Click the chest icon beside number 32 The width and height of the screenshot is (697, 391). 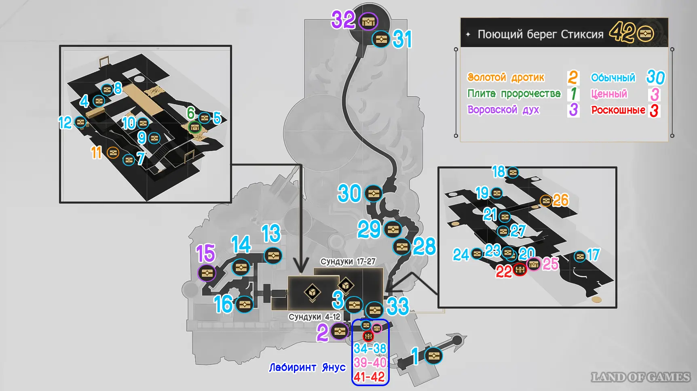tap(368, 22)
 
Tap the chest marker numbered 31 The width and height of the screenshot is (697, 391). tap(381, 39)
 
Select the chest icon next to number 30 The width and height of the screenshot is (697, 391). tap(373, 193)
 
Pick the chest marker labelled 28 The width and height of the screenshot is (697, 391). tap(402, 246)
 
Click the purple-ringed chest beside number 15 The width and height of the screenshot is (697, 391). tap(207, 273)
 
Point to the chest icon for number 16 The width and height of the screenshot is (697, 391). tap(244, 304)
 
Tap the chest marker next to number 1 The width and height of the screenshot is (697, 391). tap(433, 356)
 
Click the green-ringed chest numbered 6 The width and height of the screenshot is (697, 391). tap(195, 128)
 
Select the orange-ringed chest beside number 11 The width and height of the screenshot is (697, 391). tap(113, 153)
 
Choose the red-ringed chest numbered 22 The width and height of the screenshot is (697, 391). tap(520, 269)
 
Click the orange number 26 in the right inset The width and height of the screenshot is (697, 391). tap(560, 200)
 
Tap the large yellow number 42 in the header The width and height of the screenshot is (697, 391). tap(622, 32)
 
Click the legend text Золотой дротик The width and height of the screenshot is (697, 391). tap(506, 77)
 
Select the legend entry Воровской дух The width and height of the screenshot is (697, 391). tap(503, 109)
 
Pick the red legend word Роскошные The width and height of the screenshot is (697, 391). tap(618, 110)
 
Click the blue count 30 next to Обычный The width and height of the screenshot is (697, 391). tap(655, 77)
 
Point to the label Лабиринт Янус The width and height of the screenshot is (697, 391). tap(307, 367)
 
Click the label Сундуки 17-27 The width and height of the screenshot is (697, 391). tap(348, 261)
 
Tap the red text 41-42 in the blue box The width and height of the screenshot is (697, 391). tap(369, 377)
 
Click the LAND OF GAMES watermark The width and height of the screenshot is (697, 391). tap(640, 377)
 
